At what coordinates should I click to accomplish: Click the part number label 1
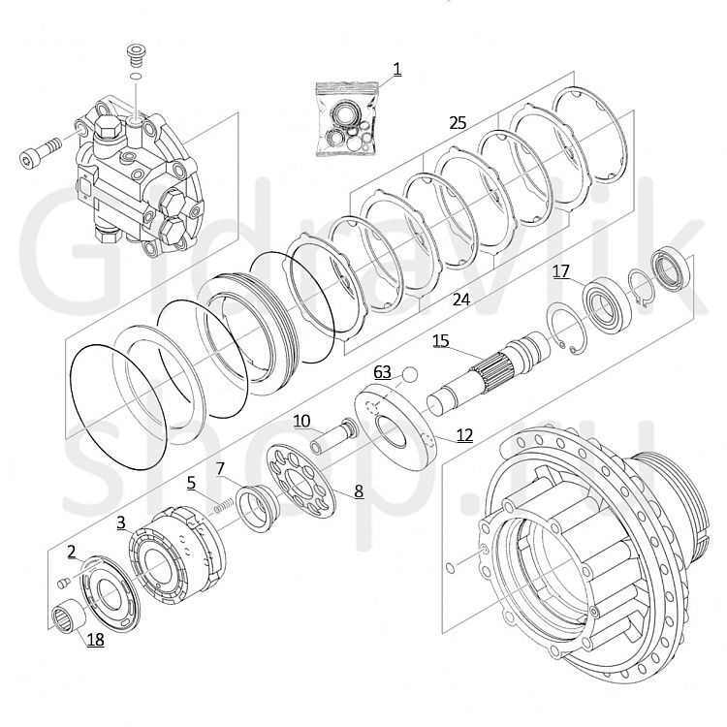pos(396,70)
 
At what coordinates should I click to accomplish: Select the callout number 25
pos(458,123)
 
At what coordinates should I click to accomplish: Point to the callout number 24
pos(460,300)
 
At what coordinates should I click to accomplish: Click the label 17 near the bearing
pos(560,271)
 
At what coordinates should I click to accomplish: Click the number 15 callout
pos(441,341)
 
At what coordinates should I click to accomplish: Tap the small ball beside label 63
pos(410,374)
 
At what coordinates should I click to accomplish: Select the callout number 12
pos(464,435)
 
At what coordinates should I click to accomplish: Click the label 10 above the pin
pos(301,421)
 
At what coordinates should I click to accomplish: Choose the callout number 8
pos(359,491)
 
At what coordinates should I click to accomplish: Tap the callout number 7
pos(221,469)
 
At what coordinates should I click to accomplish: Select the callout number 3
pos(121,523)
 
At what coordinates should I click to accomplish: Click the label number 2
pos(72,552)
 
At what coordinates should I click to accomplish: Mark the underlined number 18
pos(96,640)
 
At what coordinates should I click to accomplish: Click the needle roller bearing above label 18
pos(70,617)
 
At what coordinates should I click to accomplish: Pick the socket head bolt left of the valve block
pos(40,151)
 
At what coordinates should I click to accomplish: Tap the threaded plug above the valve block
pos(135,55)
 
